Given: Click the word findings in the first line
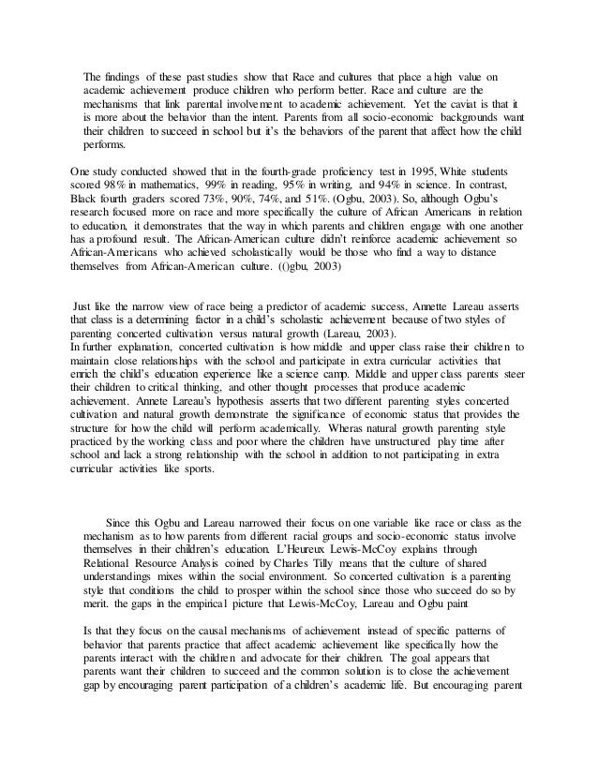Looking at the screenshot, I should (127, 76).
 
